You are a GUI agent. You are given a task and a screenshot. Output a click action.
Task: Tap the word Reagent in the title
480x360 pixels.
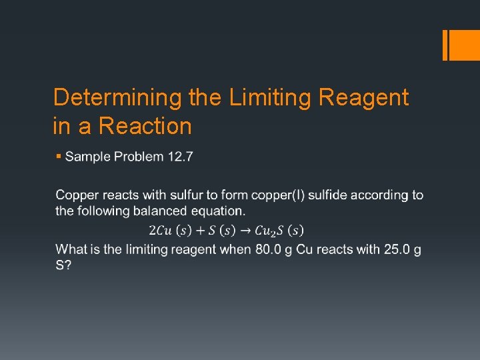click(364, 98)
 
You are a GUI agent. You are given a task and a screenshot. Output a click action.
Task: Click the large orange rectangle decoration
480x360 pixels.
click(461, 45)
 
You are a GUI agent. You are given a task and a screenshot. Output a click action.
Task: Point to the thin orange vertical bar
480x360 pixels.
click(445, 45)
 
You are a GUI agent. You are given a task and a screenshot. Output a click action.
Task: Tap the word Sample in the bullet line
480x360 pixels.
click(89, 157)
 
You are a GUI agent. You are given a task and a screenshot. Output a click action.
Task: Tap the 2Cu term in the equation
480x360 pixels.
click(160, 231)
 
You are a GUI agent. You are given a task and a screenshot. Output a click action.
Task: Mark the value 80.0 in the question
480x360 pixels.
click(267, 249)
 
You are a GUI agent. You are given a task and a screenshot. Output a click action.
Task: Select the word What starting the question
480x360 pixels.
click(71, 249)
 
